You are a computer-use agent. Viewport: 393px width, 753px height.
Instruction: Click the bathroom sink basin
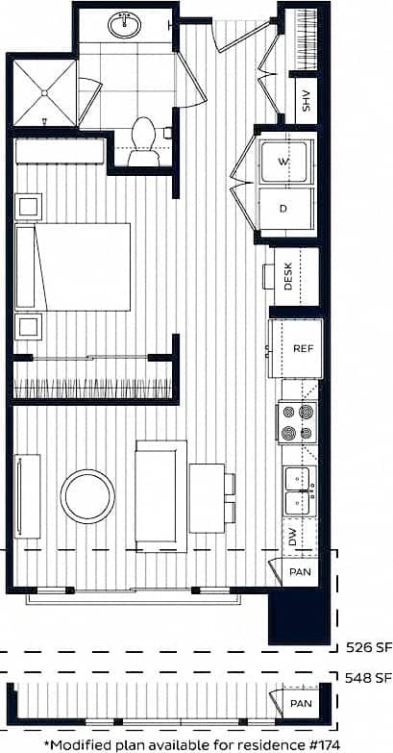point(124,25)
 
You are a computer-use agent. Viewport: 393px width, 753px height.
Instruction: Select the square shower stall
point(43,93)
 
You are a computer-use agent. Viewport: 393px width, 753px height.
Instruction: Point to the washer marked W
point(285,162)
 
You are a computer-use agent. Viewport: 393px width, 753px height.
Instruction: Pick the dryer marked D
point(285,208)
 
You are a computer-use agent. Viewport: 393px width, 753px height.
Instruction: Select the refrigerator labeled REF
point(304,349)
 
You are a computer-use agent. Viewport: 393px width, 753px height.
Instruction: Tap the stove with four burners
point(296,422)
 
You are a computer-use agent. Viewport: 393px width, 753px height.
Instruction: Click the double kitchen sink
point(299,489)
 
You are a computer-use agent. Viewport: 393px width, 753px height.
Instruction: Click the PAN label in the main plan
point(298,574)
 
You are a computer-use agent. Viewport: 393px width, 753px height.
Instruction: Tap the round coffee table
point(87,495)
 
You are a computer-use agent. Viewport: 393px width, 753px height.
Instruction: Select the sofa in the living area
point(161,496)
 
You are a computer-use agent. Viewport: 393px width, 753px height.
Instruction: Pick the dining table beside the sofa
point(208,497)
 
